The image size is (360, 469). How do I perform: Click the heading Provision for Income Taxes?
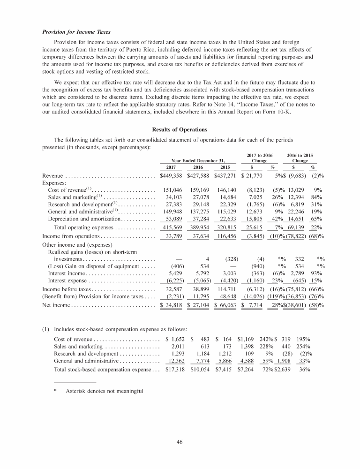coord(76,32)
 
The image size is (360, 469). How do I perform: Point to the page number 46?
coord(180,441)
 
